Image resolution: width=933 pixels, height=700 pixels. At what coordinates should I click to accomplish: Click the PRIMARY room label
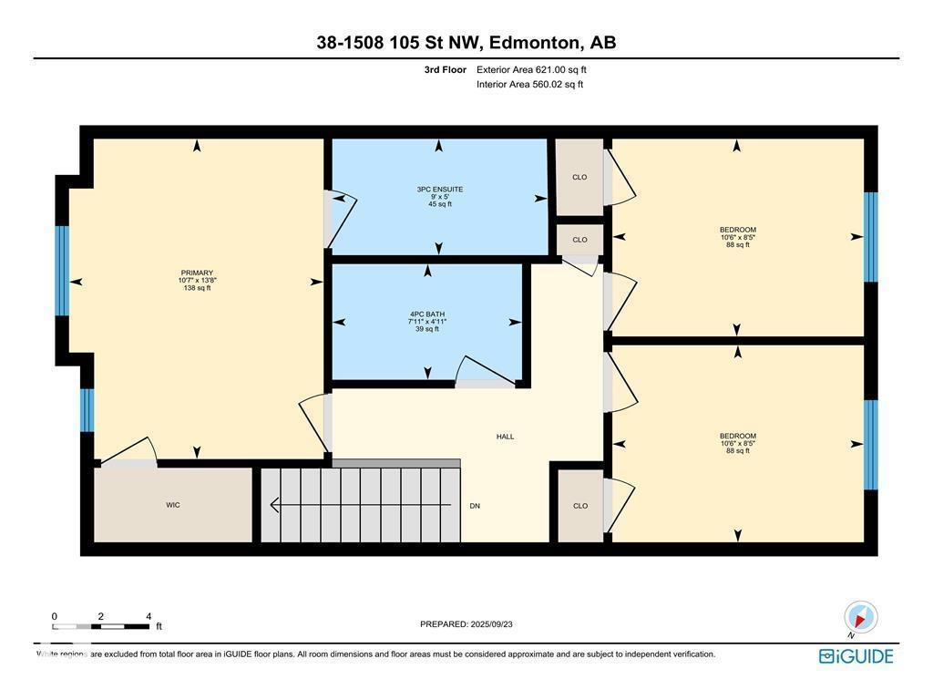tap(197, 273)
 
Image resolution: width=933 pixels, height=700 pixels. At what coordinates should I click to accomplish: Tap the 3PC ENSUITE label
tap(440, 190)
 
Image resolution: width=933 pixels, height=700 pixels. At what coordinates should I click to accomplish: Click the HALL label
tap(505, 437)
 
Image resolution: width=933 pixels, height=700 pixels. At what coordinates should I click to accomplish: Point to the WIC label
tap(173, 505)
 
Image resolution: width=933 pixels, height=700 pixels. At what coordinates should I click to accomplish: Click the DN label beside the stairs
tap(475, 506)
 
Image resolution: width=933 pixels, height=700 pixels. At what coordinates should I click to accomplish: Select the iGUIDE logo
tap(856, 656)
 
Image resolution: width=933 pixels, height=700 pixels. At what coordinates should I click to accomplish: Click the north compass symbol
tap(860, 617)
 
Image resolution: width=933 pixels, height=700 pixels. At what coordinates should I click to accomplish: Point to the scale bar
tap(101, 626)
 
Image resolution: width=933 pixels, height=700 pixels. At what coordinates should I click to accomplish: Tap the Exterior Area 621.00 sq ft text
tap(538, 69)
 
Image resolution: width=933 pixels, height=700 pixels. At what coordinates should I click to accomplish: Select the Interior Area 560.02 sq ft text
tap(529, 85)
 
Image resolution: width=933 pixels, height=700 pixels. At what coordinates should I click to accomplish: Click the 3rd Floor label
tap(446, 69)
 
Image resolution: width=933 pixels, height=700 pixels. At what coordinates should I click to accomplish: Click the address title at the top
tap(466, 42)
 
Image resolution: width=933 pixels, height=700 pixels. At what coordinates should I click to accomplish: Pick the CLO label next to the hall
tap(579, 506)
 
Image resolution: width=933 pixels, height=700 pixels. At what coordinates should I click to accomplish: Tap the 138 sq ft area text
tap(197, 288)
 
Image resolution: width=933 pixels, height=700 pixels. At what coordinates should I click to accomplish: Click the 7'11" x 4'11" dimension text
tap(426, 321)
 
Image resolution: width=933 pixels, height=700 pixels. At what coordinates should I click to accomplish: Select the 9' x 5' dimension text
tap(440, 197)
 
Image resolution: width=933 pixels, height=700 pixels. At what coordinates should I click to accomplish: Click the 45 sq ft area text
tap(440, 204)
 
